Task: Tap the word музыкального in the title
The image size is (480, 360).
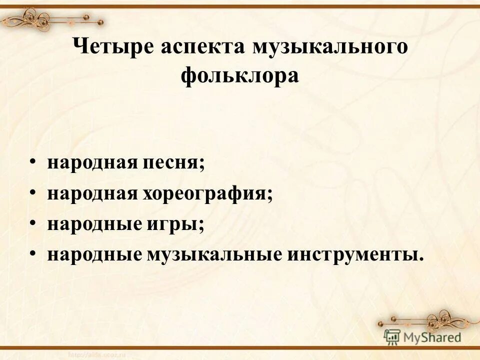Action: (330, 48)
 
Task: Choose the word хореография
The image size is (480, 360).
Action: (213, 193)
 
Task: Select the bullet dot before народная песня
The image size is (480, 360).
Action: (33, 163)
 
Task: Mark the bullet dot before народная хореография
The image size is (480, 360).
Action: (33, 193)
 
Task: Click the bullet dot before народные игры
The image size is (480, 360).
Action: (33, 223)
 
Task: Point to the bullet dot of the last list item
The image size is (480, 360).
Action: (33, 253)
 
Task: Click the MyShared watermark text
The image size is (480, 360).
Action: (432, 336)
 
